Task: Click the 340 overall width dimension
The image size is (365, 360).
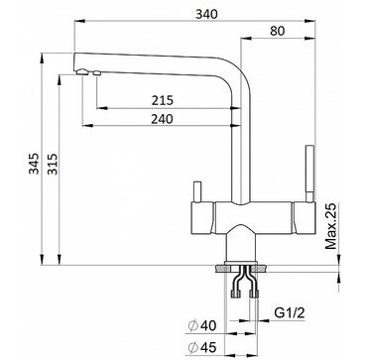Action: tap(206, 15)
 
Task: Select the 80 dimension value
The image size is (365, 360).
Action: tap(278, 31)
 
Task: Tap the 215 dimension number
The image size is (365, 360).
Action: tap(163, 100)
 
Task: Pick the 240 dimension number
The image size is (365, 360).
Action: tap(162, 119)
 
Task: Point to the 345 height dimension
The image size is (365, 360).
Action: tap(34, 164)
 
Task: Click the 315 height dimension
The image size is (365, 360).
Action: tap(53, 164)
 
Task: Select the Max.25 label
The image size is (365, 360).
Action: tap(330, 226)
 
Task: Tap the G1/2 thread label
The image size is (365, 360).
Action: tap(290, 313)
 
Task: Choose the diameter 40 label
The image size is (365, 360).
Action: tap(202, 326)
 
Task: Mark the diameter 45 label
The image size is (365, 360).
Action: tap(202, 347)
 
